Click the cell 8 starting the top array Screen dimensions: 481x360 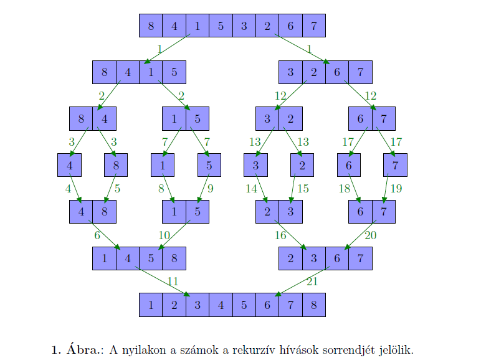click(x=151, y=26)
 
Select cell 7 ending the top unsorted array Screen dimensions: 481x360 click(x=314, y=26)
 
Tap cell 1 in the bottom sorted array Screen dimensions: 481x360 click(x=151, y=305)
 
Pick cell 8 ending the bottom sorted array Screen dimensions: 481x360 click(x=314, y=305)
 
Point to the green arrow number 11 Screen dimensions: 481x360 click(x=173, y=281)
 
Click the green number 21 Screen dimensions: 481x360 click(x=312, y=281)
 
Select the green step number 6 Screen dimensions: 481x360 click(x=97, y=235)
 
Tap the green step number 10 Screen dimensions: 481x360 click(x=164, y=235)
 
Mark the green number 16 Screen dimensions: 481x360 click(x=280, y=235)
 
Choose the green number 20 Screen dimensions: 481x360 click(x=370, y=235)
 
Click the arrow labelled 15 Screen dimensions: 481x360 click(x=293, y=188)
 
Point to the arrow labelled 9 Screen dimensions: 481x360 click(x=203, y=188)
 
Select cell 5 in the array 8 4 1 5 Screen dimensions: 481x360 click(x=174, y=72)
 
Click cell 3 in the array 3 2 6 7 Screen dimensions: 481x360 click(x=290, y=72)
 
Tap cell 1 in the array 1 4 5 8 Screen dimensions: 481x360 click(x=104, y=258)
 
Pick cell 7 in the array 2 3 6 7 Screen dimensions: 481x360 click(x=361, y=258)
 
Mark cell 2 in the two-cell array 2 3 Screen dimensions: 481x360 click(x=267, y=212)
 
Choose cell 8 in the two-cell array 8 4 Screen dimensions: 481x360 click(x=81, y=118)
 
